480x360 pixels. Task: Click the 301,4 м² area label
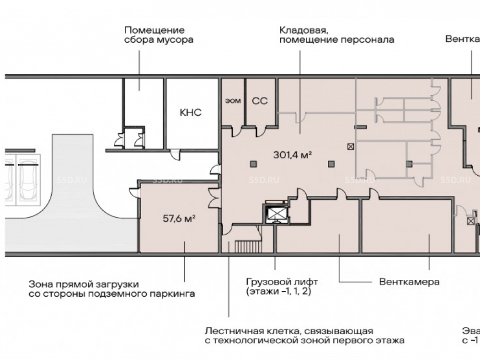(x=293, y=155)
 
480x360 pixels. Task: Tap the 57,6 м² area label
(x=179, y=218)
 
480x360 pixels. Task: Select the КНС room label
(x=191, y=113)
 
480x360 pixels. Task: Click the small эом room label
(x=233, y=101)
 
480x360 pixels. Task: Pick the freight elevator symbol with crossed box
(x=276, y=214)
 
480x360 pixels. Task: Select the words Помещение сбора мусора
(x=158, y=35)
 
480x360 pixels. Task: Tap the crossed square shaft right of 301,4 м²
(x=351, y=147)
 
